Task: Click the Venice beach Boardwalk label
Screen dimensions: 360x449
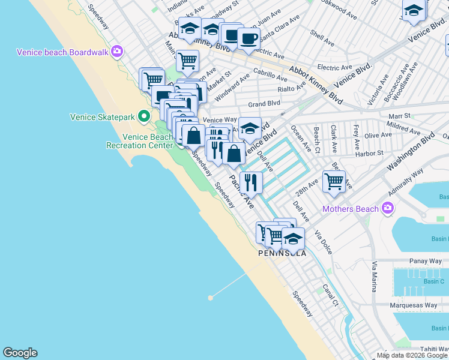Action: pyautogui.click(x=62, y=52)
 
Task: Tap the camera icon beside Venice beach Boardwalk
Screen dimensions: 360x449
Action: pyautogui.click(x=116, y=52)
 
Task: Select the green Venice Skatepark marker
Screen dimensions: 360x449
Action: pyautogui.click(x=143, y=116)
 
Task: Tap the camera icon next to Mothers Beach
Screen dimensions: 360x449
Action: pyautogui.click(x=388, y=208)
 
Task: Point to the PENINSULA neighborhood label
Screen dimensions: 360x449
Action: pyautogui.click(x=282, y=253)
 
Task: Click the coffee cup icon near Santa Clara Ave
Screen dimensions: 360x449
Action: pyautogui.click(x=249, y=39)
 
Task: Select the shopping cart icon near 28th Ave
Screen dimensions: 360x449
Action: pyautogui.click(x=334, y=181)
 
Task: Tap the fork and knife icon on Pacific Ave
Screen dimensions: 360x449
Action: pyautogui.click(x=251, y=182)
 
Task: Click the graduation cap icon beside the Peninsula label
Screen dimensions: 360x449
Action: pyautogui.click(x=293, y=238)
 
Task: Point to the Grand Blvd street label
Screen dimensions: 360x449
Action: pyautogui.click(x=265, y=104)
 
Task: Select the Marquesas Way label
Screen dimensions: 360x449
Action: pyautogui.click(x=414, y=305)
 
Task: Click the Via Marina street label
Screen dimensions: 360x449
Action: pyautogui.click(x=375, y=277)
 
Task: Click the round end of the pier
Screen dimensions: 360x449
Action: pyautogui.click(x=211, y=297)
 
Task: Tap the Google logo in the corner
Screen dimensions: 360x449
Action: pyautogui.click(x=20, y=353)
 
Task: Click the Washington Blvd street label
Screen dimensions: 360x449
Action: pyautogui.click(x=411, y=153)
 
